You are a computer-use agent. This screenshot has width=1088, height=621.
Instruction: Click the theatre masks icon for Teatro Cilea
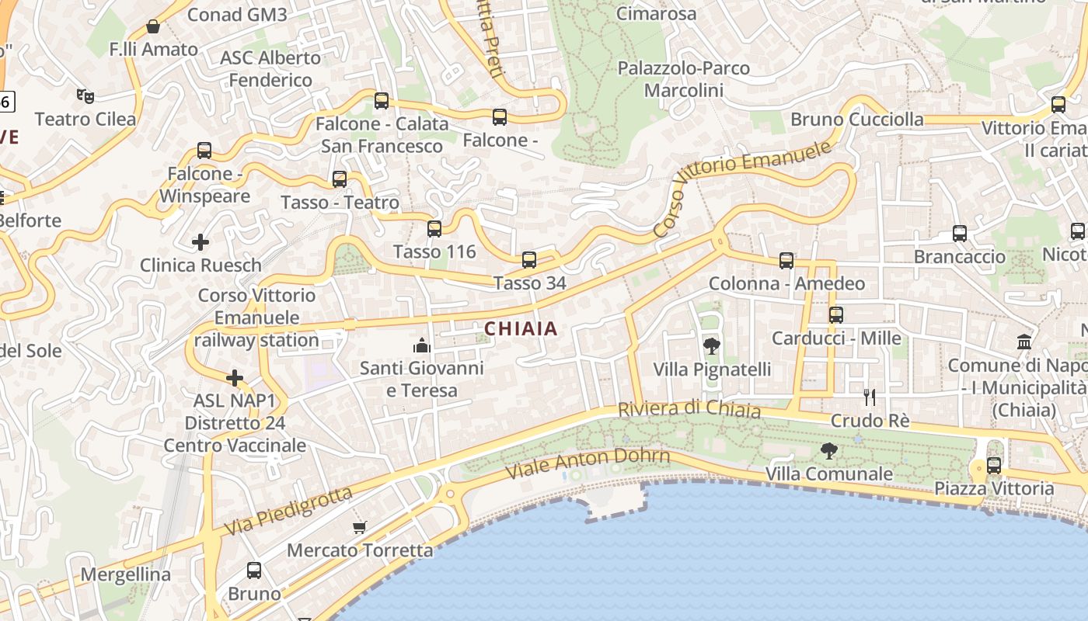(85, 96)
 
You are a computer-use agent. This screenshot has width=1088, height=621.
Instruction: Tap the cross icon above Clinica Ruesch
(201, 242)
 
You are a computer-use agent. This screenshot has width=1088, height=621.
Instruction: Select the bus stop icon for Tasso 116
(434, 229)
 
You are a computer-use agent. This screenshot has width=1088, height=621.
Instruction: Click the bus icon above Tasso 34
(529, 260)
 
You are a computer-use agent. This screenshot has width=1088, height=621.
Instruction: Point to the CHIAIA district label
(521, 328)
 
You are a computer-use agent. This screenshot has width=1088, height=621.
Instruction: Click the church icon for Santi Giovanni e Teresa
(422, 345)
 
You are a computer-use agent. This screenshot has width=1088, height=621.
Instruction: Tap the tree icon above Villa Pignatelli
(711, 346)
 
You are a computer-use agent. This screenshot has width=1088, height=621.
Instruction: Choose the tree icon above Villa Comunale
(829, 451)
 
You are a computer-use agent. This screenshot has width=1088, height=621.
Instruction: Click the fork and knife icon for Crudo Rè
(870, 397)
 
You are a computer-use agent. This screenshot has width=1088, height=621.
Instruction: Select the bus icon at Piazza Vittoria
(994, 466)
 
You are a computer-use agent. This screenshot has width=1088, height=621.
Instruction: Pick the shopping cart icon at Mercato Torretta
(360, 528)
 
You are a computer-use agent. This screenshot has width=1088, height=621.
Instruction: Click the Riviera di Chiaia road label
(689, 408)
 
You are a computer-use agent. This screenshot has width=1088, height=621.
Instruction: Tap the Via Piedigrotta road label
(288, 510)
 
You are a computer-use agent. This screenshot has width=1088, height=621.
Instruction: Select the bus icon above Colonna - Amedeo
(786, 261)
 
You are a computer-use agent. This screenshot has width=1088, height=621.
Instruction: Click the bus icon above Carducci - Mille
(836, 315)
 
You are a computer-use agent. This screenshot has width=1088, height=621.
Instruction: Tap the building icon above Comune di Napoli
(1024, 342)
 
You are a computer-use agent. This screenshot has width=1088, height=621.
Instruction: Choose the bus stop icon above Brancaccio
(960, 234)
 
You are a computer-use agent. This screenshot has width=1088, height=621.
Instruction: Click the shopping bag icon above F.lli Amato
(153, 27)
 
